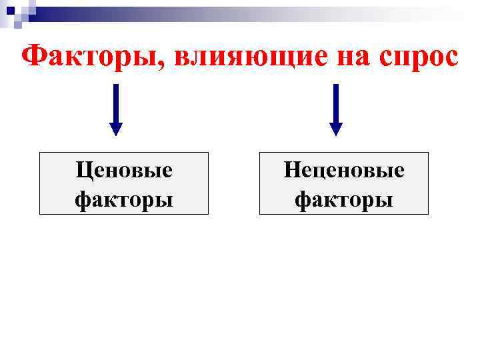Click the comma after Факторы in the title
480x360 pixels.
[164, 67]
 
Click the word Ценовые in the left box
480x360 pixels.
[124, 171]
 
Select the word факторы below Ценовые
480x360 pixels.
[124, 199]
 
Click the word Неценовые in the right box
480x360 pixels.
[344, 171]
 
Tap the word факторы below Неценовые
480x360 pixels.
[344, 199]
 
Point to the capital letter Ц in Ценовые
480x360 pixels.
[83, 171]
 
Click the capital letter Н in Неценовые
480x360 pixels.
[291, 171]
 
